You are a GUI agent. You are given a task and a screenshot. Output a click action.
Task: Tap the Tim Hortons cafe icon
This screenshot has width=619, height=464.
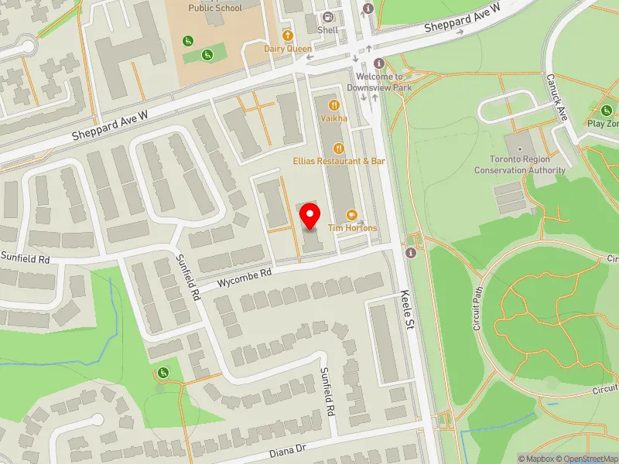[x=351, y=214]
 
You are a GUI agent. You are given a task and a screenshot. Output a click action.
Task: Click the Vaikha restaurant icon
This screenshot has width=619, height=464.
[x=334, y=104]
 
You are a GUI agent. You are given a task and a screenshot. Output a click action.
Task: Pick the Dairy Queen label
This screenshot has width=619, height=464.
[x=287, y=47]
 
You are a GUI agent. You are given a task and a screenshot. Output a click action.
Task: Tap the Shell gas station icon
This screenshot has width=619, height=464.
[x=327, y=16]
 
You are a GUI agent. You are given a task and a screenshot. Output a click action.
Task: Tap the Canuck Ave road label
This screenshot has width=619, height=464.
[x=557, y=97]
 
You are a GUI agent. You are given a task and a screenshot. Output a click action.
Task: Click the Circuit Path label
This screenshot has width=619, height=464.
[x=477, y=310]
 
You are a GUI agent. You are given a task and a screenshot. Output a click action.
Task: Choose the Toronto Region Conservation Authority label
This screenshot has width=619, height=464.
[x=520, y=165]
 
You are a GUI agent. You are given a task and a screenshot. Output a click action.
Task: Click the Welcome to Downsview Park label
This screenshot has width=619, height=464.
[x=379, y=81]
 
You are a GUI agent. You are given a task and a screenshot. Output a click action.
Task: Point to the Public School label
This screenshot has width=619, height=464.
[x=215, y=8]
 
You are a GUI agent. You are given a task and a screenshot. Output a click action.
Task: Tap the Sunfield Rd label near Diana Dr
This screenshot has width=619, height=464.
[x=328, y=391]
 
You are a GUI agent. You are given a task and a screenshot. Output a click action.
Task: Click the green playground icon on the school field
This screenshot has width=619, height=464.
[x=207, y=54]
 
